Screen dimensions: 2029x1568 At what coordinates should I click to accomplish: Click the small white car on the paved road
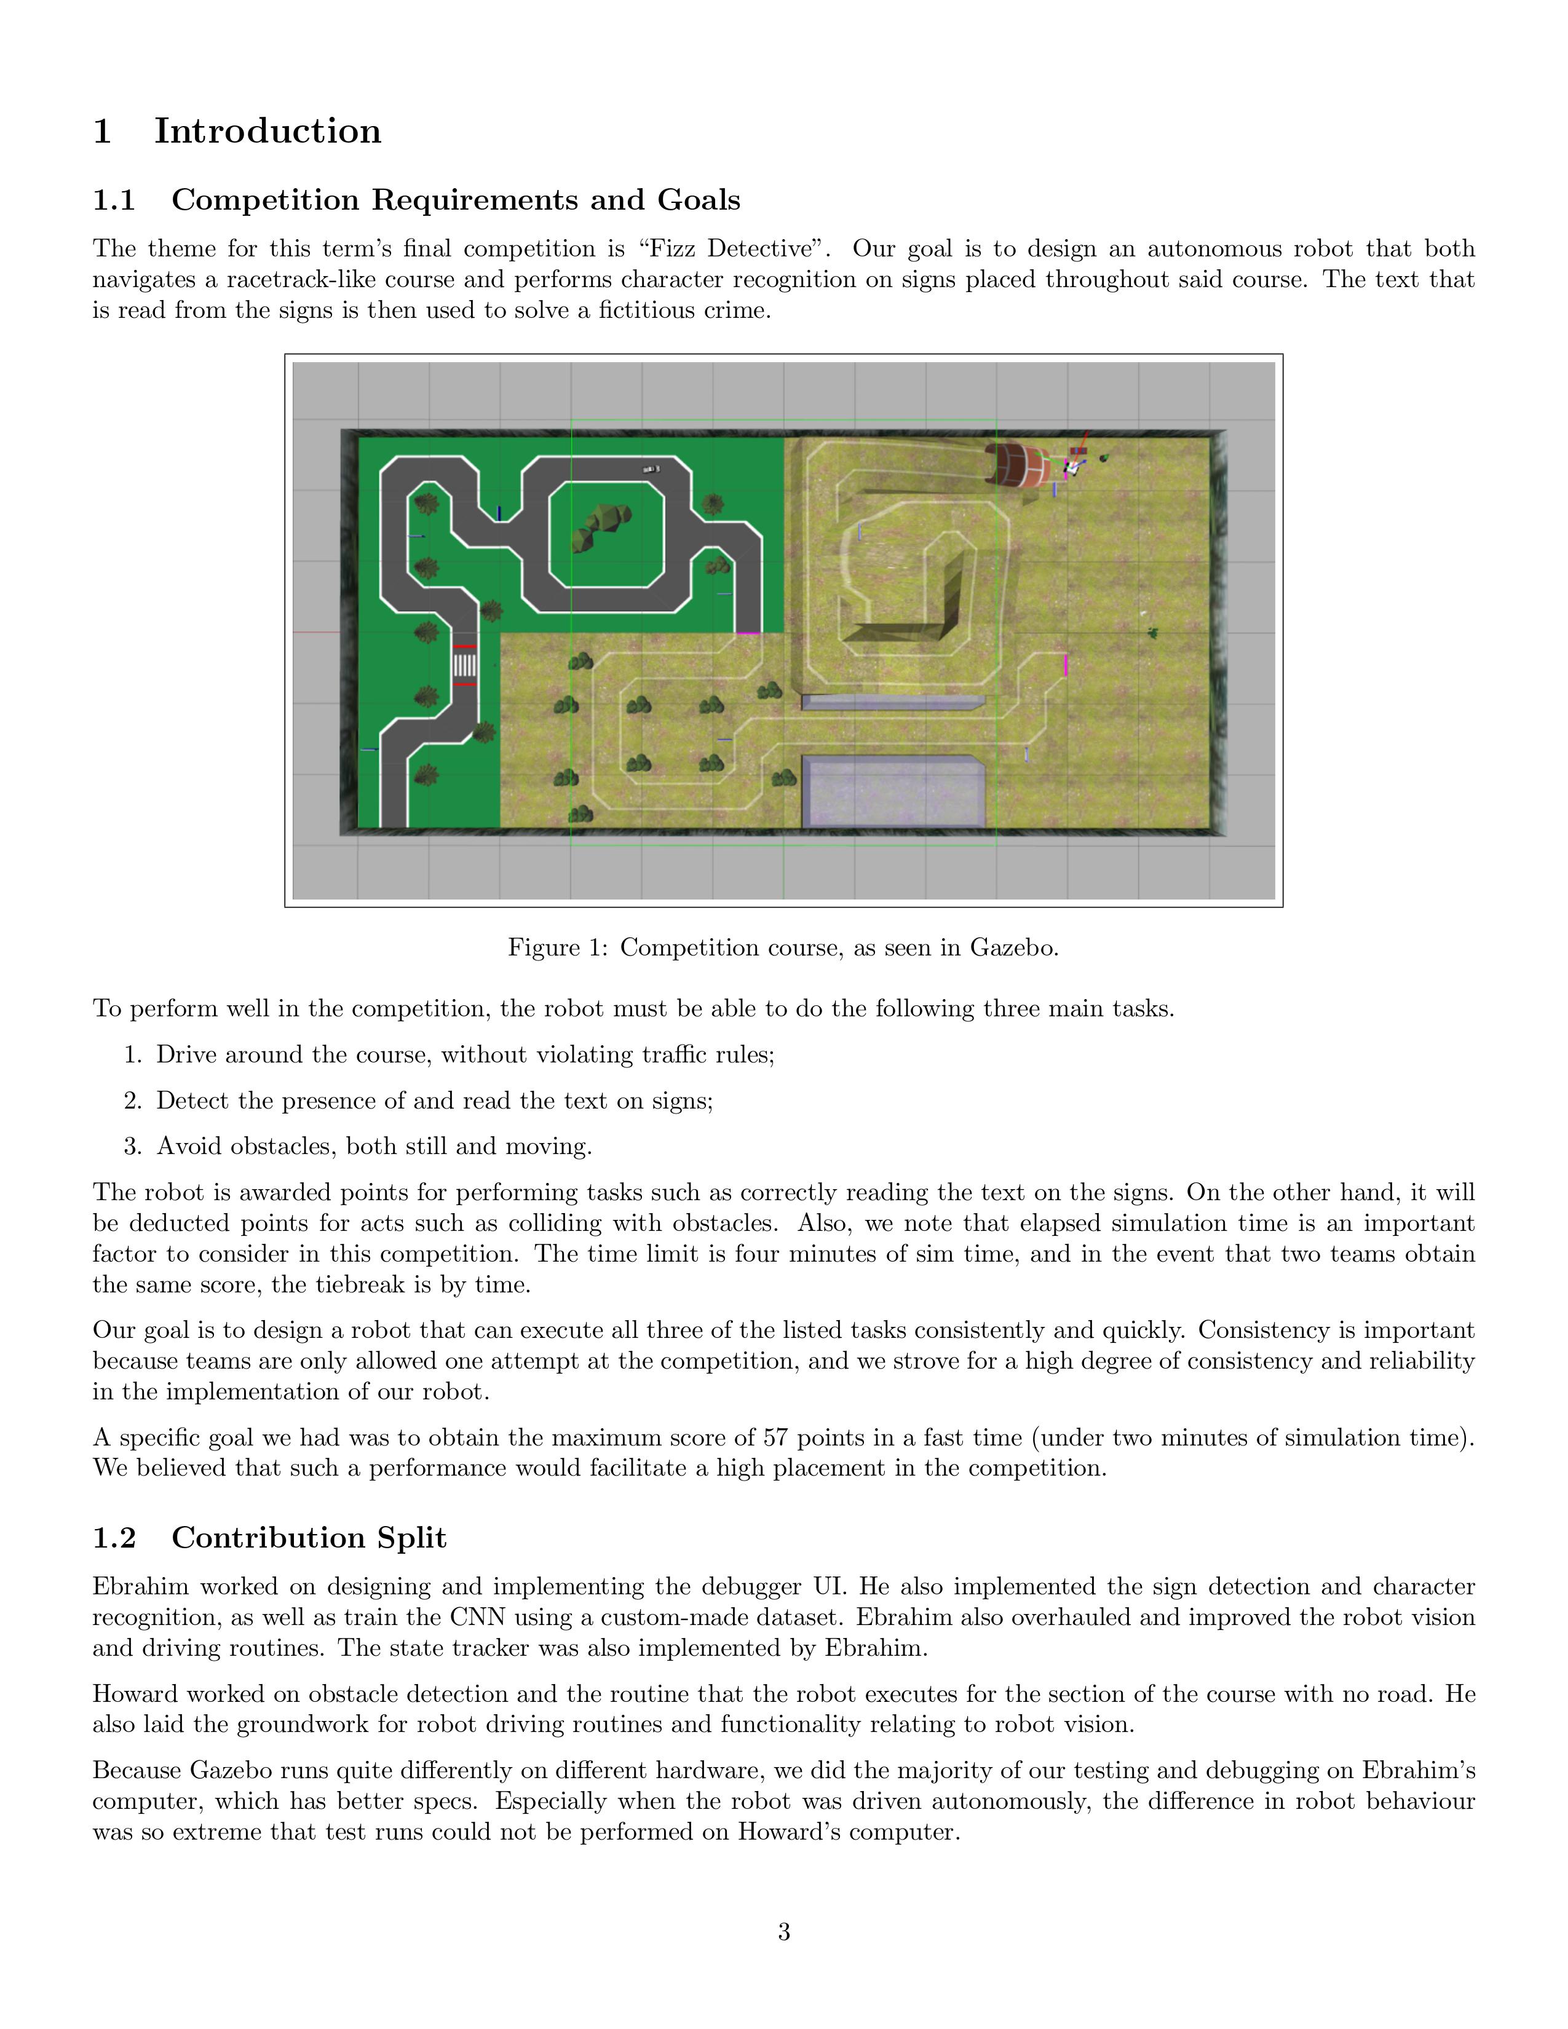pyautogui.click(x=651, y=469)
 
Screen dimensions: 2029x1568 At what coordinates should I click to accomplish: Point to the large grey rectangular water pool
pyautogui.click(x=893, y=791)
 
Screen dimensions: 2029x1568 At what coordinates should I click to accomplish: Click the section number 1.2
pyautogui.click(x=114, y=1538)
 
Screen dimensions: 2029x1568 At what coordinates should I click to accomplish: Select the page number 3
pyautogui.click(x=783, y=1932)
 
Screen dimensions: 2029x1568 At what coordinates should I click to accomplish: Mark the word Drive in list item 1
pyautogui.click(x=186, y=1055)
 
